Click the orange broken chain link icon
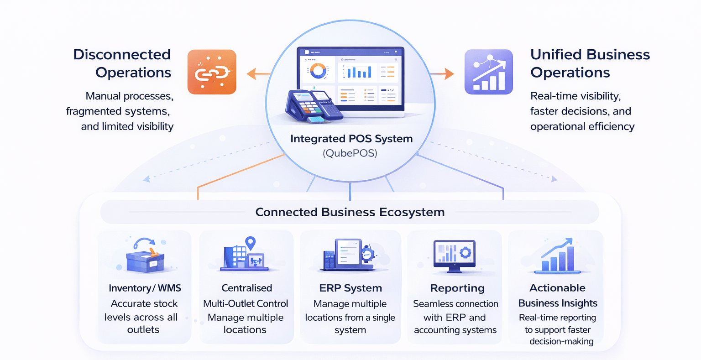pos(212,72)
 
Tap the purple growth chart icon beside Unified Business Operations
pos(488,72)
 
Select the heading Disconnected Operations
pos(122,63)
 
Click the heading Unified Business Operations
pos(590,63)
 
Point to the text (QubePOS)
pos(350,153)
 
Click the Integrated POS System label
pos(351,139)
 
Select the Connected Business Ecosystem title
pos(350,212)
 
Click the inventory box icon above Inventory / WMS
pos(145,258)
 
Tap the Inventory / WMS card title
pos(145,288)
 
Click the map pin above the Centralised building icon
pos(250,243)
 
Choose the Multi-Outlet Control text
pos(246,303)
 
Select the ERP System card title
pos(350,288)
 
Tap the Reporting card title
pos(457,288)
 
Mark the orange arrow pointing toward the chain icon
pos(258,73)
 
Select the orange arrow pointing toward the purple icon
pos(442,73)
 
